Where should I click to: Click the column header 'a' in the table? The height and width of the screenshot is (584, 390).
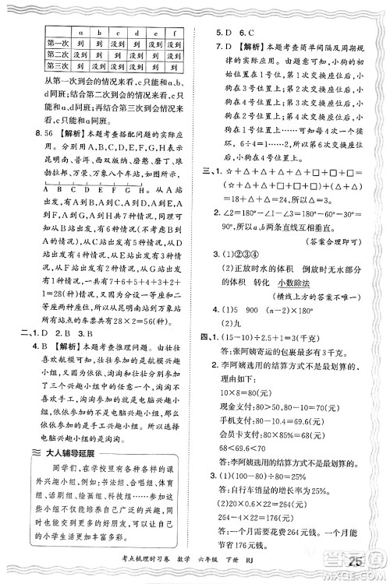(x=80, y=32)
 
